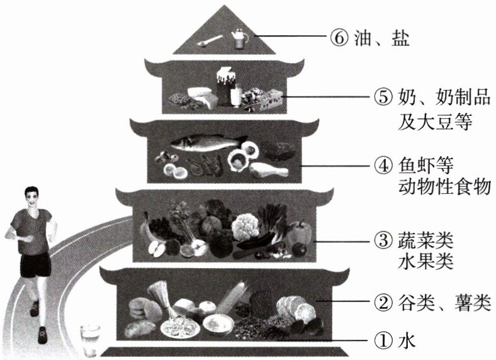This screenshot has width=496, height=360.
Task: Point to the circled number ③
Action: (x=385, y=240)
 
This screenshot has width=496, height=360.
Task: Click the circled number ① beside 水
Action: (x=385, y=340)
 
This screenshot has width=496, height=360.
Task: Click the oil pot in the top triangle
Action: (x=240, y=38)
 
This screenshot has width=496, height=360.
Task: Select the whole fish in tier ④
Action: (x=207, y=142)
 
